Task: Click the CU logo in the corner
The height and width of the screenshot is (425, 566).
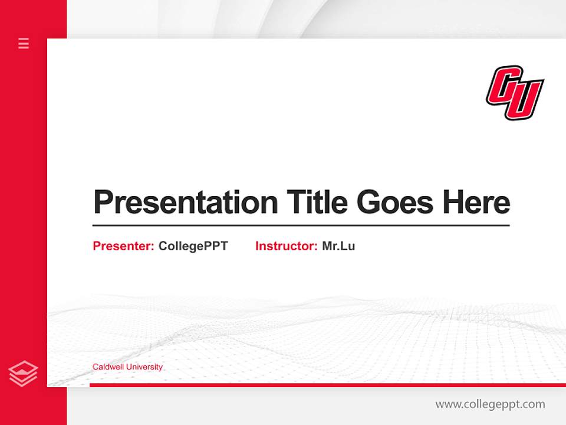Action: tap(515, 93)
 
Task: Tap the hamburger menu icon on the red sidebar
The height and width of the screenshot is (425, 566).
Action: tap(24, 43)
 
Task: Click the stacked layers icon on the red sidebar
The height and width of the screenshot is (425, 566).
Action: tap(24, 374)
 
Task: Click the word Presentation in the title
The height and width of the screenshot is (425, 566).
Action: tap(185, 202)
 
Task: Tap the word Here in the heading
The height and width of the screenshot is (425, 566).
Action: tap(476, 202)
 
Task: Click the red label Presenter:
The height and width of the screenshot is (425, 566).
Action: tap(123, 246)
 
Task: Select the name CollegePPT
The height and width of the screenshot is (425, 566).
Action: tap(193, 246)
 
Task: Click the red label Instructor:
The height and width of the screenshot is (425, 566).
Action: tap(286, 246)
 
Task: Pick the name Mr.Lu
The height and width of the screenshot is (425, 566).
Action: tap(338, 246)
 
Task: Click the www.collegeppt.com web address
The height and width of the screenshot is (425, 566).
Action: tap(490, 404)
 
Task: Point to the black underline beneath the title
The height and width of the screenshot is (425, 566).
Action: tap(301, 225)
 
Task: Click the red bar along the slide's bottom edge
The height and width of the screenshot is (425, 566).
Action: tap(327, 385)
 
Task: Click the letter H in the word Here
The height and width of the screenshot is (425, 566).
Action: tap(453, 202)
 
